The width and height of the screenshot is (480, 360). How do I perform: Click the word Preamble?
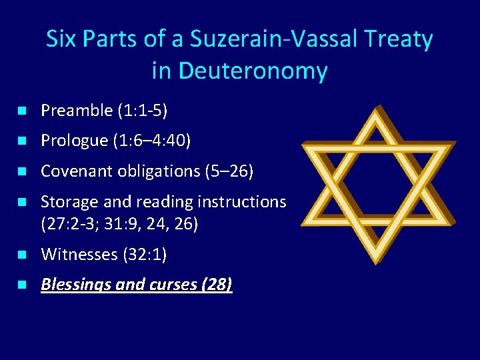[77, 111]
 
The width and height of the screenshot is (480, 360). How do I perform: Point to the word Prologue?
[74, 141]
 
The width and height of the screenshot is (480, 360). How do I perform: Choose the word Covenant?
[75, 171]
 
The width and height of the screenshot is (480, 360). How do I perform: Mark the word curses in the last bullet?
[173, 285]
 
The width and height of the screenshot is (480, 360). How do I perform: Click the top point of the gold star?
[379, 107]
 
